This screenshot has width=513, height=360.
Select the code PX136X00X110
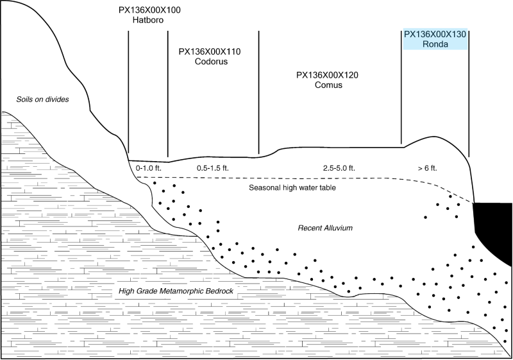click(x=210, y=51)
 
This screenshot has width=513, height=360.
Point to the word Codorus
click(x=210, y=62)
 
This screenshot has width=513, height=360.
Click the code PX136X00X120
click(x=327, y=75)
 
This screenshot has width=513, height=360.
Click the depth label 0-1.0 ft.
click(x=148, y=168)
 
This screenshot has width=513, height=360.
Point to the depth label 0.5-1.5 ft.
click(x=212, y=168)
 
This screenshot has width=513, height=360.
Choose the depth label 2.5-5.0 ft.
click(x=339, y=168)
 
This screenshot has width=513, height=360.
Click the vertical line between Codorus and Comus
click(x=259, y=90)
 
